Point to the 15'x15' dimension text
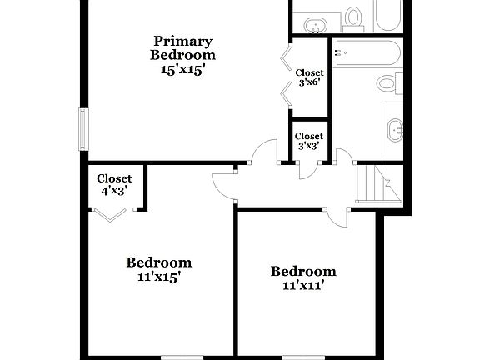182,71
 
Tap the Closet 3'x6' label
309,77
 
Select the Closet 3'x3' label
309,141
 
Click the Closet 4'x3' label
114,184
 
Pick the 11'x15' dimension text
158,277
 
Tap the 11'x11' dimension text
303,286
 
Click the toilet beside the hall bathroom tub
387,82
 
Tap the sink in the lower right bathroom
396,128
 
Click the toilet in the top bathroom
354,16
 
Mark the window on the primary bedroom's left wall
82,129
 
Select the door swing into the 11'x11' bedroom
337,215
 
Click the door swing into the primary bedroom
265,152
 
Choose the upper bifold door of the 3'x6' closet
286,59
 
